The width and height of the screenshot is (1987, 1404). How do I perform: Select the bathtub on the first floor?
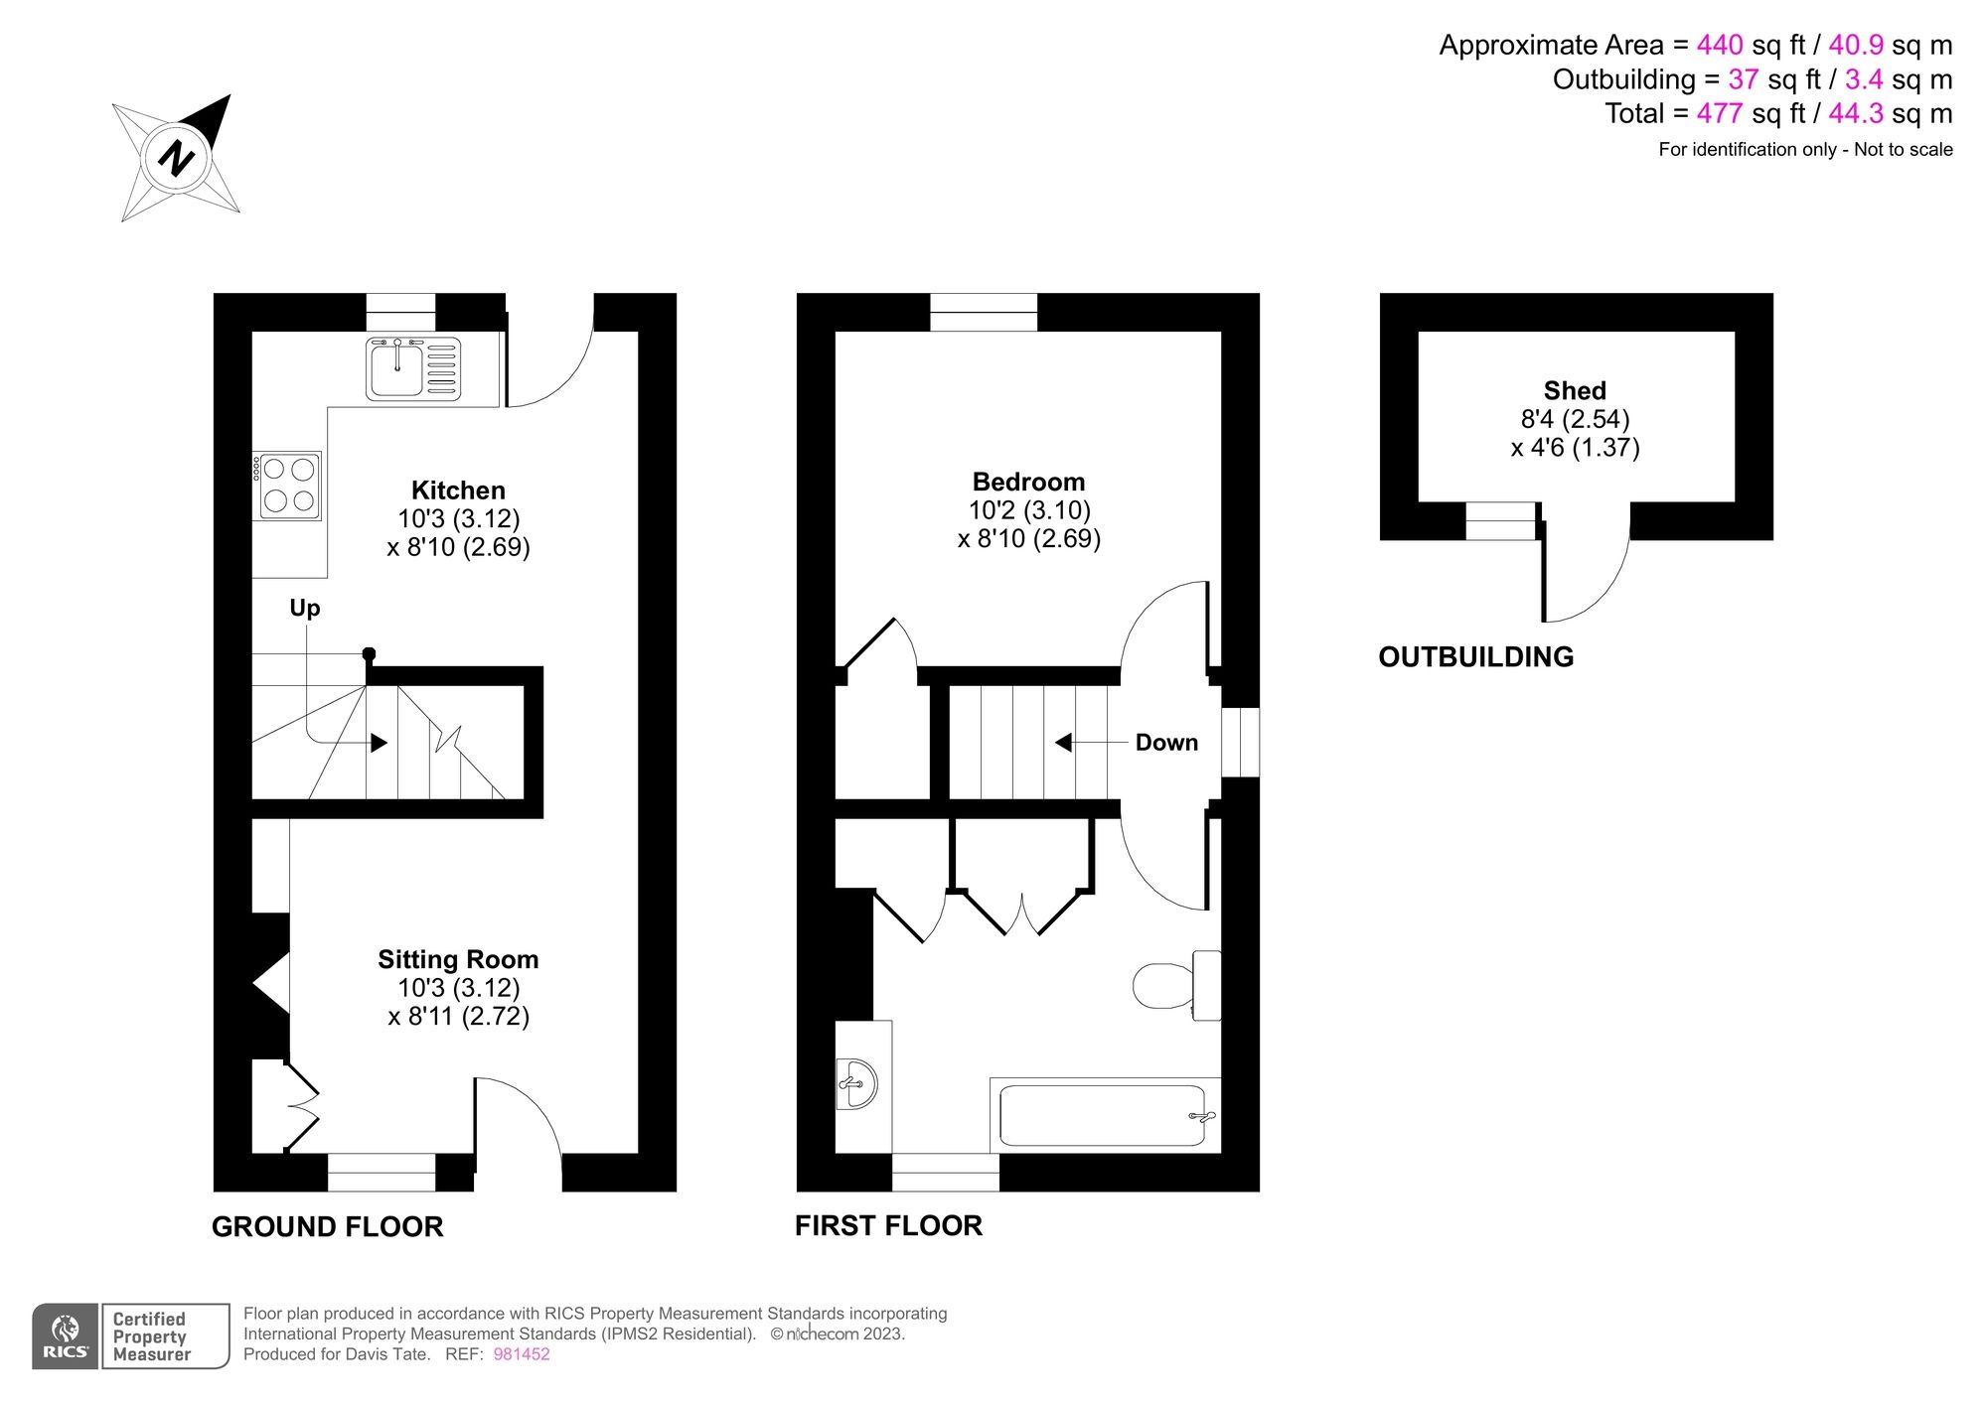pyautogui.click(x=1102, y=1115)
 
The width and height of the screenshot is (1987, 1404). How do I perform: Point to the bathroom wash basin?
pyautogui.click(x=858, y=1082)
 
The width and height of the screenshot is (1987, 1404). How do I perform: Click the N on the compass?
pyautogui.click(x=176, y=159)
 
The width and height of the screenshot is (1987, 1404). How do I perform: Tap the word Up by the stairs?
pyautogui.click(x=305, y=608)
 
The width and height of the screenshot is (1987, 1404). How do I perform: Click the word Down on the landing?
pyautogui.click(x=1166, y=743)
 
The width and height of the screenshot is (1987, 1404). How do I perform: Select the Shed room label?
pyautogui.click(x=1575, y=390)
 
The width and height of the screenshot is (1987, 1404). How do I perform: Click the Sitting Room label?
pyautogui.click(x=458, y=959)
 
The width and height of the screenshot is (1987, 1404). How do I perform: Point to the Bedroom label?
pyautogui.click(x=1028, y=482)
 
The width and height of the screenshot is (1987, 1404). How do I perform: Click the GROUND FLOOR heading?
pyautogui.click(x=327, y=1226)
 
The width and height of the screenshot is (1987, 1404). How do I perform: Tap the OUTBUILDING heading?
pyautogui.click(x=1475, y=656)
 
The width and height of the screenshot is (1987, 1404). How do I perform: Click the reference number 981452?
pyautogui.click(x=522, y=1354)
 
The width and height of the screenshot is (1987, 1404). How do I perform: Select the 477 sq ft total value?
pyautogui.click(x=1719, y=113)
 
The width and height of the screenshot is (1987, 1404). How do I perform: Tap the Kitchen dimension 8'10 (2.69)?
pyautogui.click(x=458, y=547)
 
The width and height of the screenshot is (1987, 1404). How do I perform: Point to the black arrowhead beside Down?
pyautogui.click(x=1063, y=743)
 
